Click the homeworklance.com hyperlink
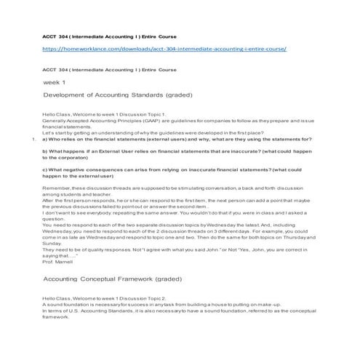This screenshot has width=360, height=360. [x=164, y=49]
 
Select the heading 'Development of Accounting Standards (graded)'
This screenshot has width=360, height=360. [x=118, y=95]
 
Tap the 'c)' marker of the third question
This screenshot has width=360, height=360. [x=47, y=169]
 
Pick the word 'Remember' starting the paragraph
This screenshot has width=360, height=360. [x=58, y=188]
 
